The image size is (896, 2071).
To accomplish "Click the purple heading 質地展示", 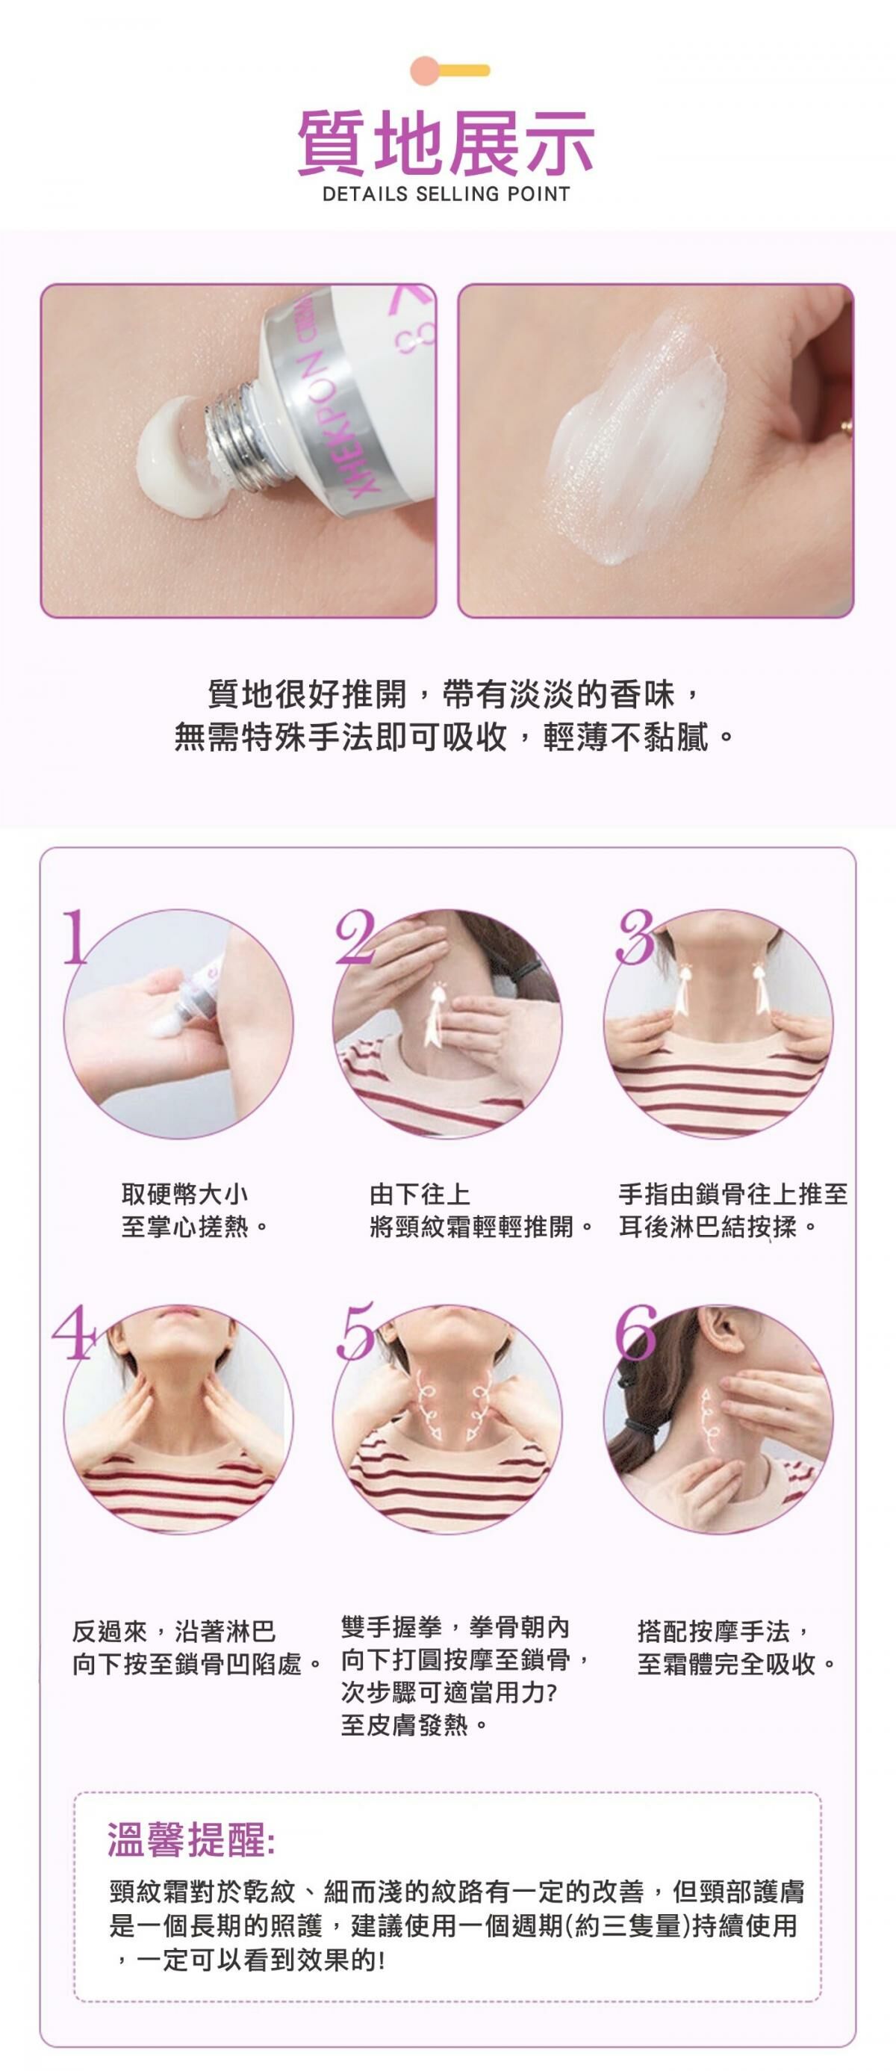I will pos(446,143).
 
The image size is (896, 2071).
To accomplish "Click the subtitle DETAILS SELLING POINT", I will pos(446,194).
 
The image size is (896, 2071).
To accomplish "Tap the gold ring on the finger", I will pos(846,427).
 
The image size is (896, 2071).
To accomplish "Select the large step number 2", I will pos(355,936).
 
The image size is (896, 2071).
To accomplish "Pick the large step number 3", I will pos(635,936).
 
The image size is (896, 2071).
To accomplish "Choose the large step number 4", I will pos(72,1332).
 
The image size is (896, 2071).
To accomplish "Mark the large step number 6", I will pos(635,1331).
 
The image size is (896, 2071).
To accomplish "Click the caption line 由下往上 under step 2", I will pos(420,1193).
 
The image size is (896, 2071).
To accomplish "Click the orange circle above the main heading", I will pos(424,70).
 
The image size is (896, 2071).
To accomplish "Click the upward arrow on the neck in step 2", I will pos(438,1008).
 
